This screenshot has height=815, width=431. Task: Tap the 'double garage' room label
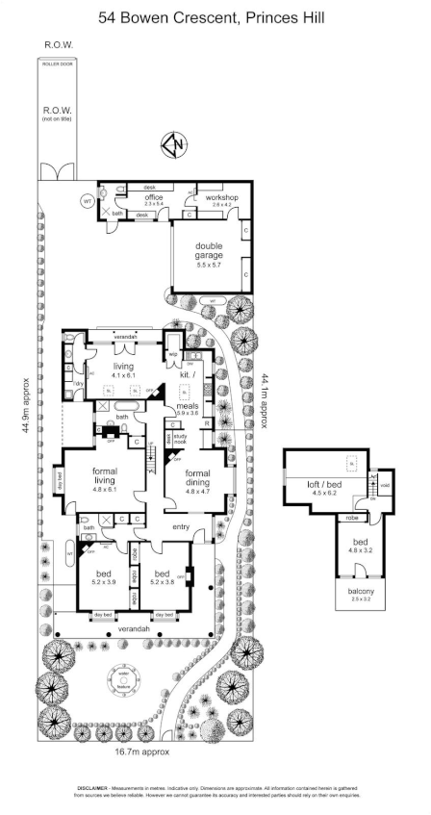(x=209, y=250)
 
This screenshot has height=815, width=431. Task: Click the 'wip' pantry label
(x=175, y=355)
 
